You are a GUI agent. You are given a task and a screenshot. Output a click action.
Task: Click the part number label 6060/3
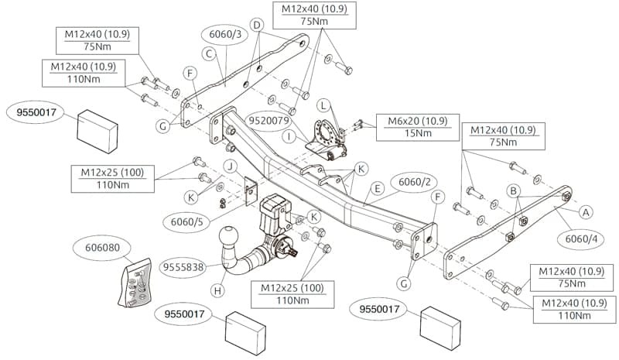pyautogui.click(x=225, y=35)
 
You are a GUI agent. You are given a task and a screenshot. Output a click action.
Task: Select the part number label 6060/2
pyautogui.click(x=414, y=182)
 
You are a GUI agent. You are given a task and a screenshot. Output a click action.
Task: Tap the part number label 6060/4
pyautogui.click(x=581, y=239)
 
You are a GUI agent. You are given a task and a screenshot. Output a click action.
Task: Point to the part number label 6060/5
pyautogui.click(x=186, y=222)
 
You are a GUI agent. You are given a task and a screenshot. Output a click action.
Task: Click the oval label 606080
pyautogui.click(x=102, y=248)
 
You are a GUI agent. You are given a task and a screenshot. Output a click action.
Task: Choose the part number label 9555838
pyautogui.click(x=183, y=268)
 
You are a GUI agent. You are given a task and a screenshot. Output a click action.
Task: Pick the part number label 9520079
pyautogui.click(x=268, y=121)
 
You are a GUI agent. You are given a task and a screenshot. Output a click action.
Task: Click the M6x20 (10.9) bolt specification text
pyautogui.click(x=418, y=121)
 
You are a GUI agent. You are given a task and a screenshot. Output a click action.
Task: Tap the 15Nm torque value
pyautogui.click(x=418, y=133)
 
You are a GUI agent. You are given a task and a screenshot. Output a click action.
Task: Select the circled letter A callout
pyautogui.click(x=586, y=213)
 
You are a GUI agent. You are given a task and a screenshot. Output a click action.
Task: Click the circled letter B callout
pyautogui.click(x=513, y=192)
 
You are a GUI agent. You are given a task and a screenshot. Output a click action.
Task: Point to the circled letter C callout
pyautogui.click(x=209, y=53)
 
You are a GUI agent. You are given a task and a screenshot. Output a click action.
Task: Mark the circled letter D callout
pyautogui.click(x=257, y=26)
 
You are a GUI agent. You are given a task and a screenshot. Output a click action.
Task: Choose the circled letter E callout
pyautogui.click(x=378, y=188)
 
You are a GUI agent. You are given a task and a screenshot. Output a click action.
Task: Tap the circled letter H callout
pyautogui.click(x=217, y=291)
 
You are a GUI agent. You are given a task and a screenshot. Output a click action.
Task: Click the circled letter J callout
pyautogui.click(x=231, y=166)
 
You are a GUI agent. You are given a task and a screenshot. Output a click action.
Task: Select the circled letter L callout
pyautogui.click(x=323, y=105)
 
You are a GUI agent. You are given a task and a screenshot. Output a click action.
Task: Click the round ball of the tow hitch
pyautogui.click(x=229, y=236)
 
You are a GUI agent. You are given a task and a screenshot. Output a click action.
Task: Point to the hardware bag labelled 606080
pyautogui.click(x=135, y=282)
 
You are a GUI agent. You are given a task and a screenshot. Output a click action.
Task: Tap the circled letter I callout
pyautogui.click(x=289, y=137)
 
